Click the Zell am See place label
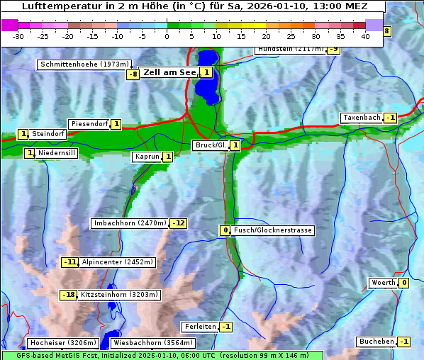click(169, 72)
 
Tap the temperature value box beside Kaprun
click(168, 157)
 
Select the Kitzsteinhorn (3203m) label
click(119, 295)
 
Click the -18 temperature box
click(68, 295)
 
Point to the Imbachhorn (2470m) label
click(130, 224)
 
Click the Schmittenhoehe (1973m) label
click(84, 64)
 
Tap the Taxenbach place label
click(361, 118)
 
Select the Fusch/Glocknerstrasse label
click(273, 230)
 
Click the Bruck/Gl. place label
click(210, 145)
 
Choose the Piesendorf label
click(89, 124)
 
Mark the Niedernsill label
click(57, 153)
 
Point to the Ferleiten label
click(199, 327)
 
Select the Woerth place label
click(383, 283)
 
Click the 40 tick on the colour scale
click(365, 35)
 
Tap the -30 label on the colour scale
click(18, 35)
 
